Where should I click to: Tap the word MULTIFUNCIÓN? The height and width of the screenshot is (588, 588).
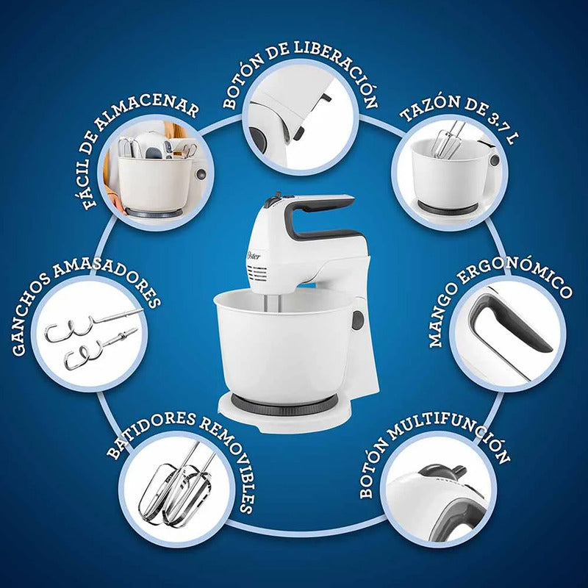pyautogui.click(x=451, y=436)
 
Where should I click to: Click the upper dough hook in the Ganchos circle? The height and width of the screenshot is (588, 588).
pyautogui.click(x=93, y=323)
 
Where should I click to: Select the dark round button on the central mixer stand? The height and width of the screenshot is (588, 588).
pyautogui.click(x=358, y=320)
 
